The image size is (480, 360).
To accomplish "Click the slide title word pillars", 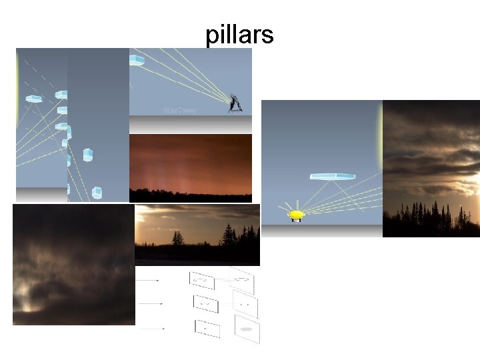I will click(239, 35).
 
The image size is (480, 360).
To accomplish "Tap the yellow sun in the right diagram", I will click(296, 215).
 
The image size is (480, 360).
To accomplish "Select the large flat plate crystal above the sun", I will click(333, 177).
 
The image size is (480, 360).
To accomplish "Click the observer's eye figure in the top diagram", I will click(235, 104).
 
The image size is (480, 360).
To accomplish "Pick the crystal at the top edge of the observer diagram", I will click(137, 61).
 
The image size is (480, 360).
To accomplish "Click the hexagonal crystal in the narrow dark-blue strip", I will click(87, 155).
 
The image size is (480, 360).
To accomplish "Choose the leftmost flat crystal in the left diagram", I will click(33, 99).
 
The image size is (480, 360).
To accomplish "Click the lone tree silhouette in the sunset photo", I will click(178, 238).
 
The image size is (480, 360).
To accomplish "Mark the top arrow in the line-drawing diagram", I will click(148, 281).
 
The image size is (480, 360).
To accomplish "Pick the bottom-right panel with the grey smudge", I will click(246, 329).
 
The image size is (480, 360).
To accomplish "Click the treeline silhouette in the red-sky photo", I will click(190, 195).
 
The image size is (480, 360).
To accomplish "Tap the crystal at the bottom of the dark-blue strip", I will click(97, 193).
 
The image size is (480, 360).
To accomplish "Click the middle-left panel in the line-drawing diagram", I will click(205, 303).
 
